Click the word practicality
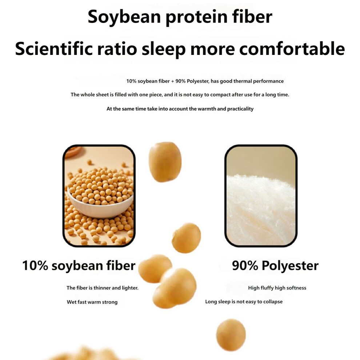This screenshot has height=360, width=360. [x=240, y=109]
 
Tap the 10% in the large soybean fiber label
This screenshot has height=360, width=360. [x=35, y=265]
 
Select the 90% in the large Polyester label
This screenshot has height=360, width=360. [x=245, y=265]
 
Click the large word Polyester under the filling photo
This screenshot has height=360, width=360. [x=290, y=266]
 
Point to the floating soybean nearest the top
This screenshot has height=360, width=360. [x=165, y=162]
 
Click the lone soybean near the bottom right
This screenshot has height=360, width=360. [x=231, y=335]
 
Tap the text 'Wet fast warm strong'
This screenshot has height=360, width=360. [x=92, y=302]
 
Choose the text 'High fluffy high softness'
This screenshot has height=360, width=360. [x=277, y=288]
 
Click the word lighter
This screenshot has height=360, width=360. [x=130, y=288]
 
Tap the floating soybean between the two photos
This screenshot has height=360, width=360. [x=187, y=238]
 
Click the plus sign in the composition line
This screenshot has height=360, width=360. [x=172, y=81]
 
